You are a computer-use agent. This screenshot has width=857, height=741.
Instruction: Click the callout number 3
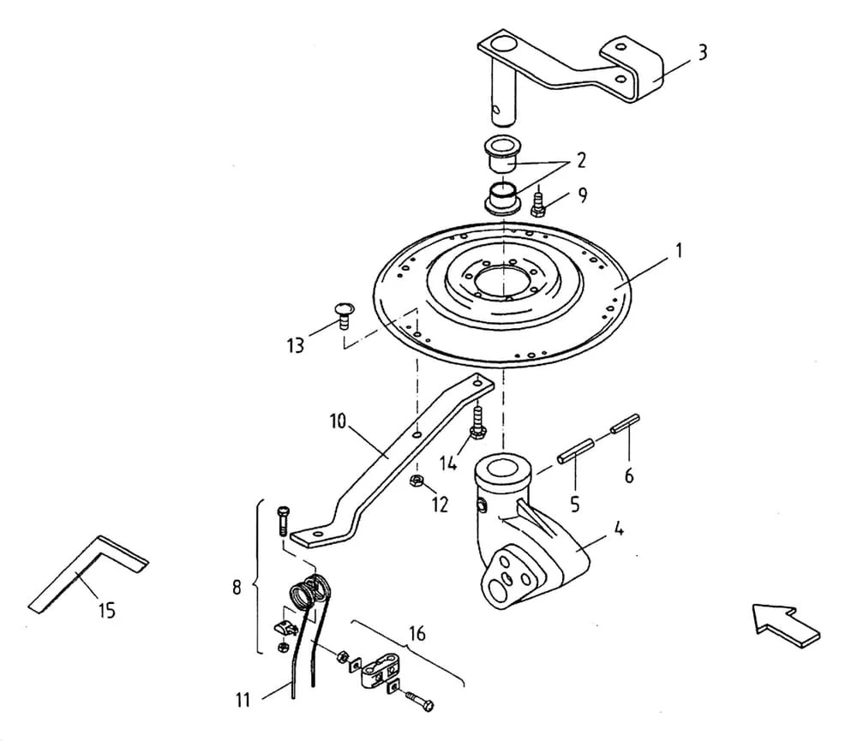(x=703, y=52)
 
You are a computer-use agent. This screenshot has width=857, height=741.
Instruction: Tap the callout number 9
(x=583, y=195)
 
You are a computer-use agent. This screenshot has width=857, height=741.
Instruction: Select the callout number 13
(x=296, y=345)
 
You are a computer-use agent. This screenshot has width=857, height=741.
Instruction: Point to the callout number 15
(x=107, y=610)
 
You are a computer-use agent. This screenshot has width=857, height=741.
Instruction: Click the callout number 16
(x=417, y=634)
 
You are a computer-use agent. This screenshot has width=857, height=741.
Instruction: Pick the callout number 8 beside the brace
(x=237, y=588)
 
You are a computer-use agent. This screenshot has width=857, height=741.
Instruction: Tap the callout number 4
(x=618, y=529)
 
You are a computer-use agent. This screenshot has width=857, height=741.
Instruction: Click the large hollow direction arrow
(x=786, y=625)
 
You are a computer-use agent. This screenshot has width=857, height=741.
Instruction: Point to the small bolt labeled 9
(x=538, y=203)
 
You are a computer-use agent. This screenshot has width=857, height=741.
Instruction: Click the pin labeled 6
(x=626, y=424)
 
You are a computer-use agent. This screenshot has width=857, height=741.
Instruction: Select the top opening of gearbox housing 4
(x=502, y=469)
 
